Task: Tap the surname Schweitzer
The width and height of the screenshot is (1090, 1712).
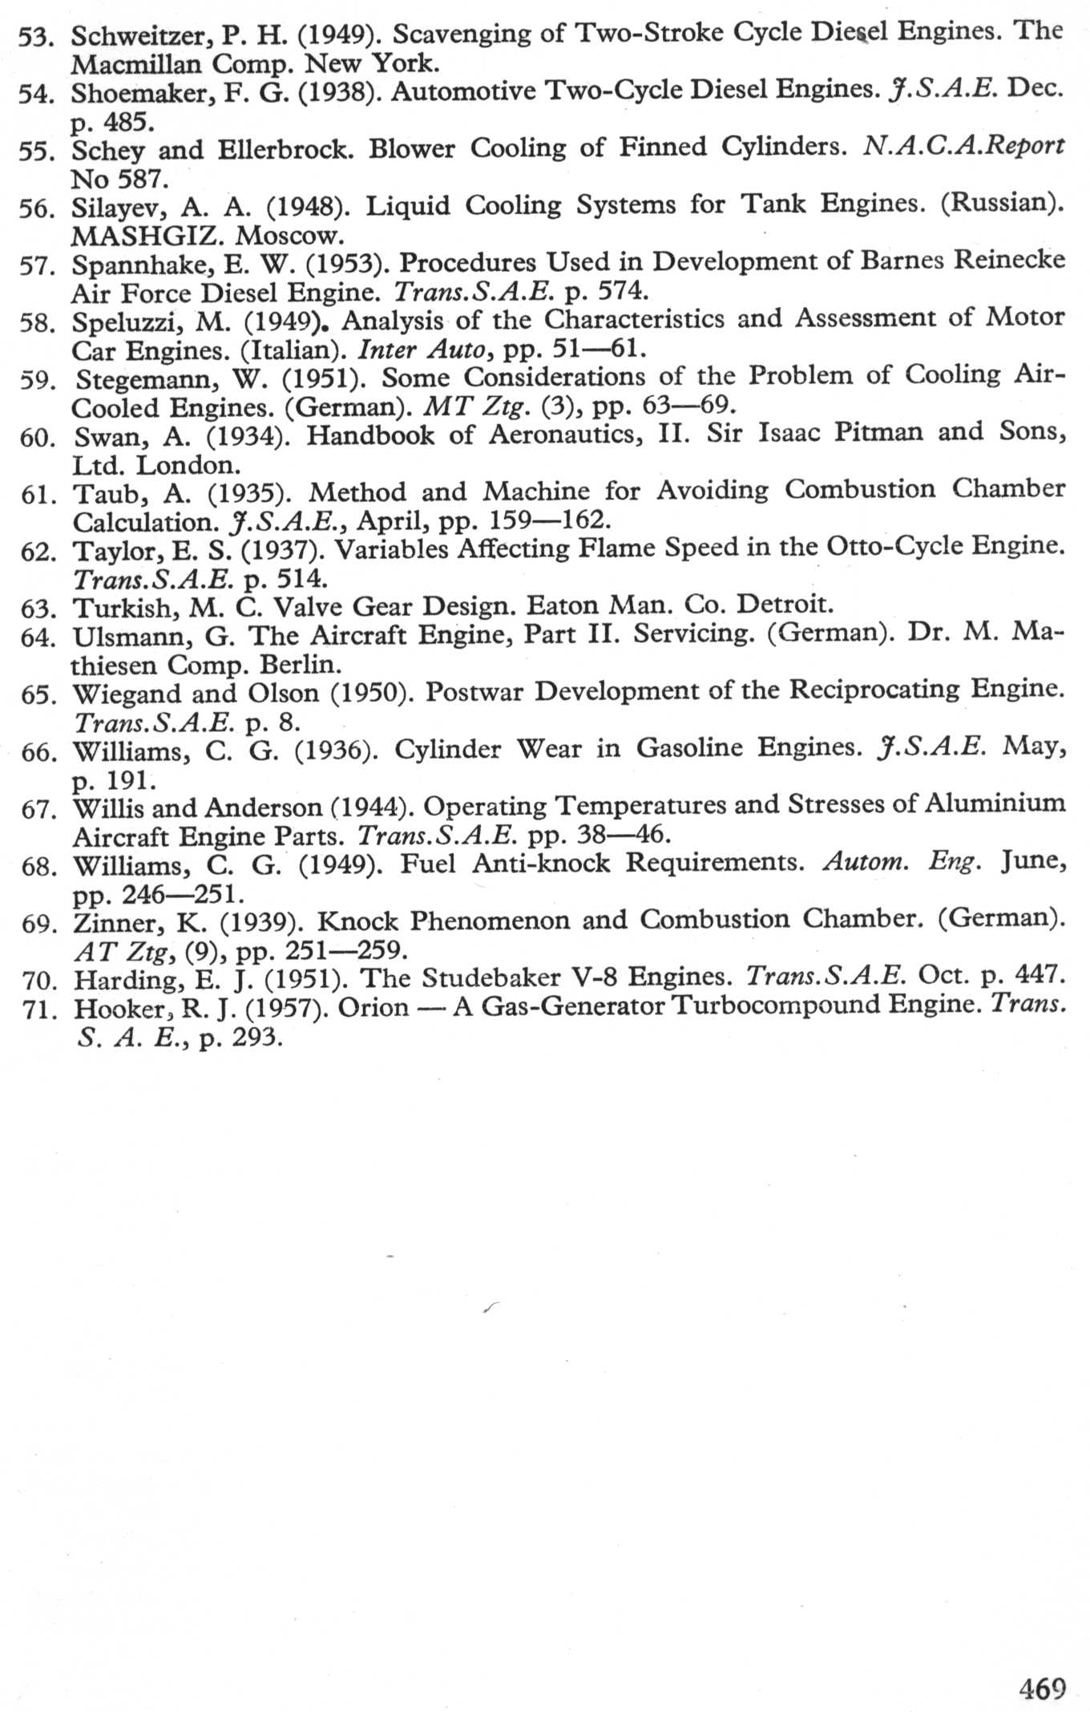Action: tap(137, 34)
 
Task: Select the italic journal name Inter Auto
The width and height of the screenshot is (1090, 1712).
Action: tap(420, 350)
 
